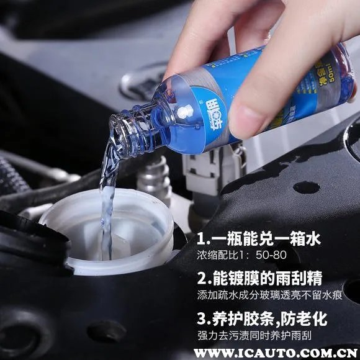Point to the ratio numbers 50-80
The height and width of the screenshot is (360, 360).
pos(282,256)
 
